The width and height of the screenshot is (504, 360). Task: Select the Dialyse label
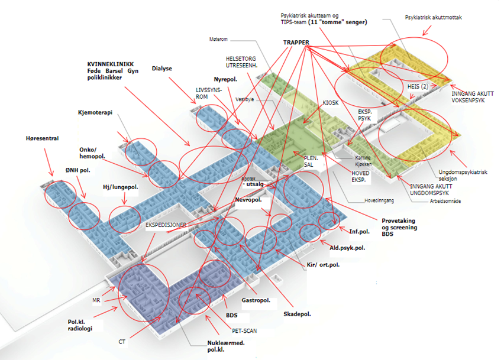click(x=161, y=69)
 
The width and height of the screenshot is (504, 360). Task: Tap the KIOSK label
click(x=331, y=103)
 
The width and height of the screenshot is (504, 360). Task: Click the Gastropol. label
click(x=256, y=301)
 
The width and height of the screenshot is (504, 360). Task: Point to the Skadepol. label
click(x=298, y=314)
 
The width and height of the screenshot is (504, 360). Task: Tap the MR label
click(x=96, y=300)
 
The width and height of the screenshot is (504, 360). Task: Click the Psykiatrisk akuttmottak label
click(x=433, y=18)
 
